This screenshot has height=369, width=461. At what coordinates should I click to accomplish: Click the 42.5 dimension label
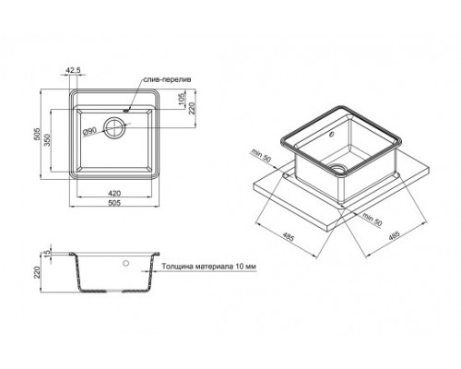pyautogui.click(x=75, y=67)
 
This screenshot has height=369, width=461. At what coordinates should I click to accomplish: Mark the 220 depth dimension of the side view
pyautogui.click(x=38, y=273)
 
